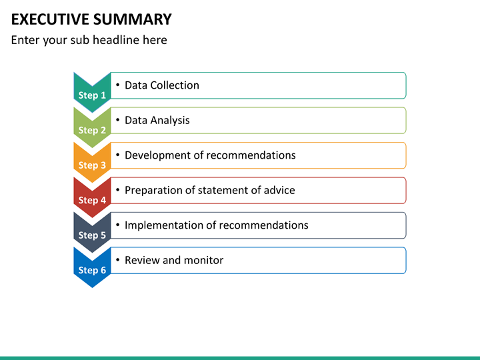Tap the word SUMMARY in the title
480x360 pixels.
(132, 19)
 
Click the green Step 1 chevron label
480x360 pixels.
(92, 95)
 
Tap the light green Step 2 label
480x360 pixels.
(92, 130)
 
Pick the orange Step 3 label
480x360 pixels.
(92, 165)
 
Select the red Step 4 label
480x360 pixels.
(92, 200)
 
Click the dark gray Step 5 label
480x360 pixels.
(92, 235)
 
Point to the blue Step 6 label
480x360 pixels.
(92, 270)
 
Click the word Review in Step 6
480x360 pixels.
(142, 260)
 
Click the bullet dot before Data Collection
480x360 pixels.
(117, 85)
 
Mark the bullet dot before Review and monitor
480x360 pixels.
(117, 260)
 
